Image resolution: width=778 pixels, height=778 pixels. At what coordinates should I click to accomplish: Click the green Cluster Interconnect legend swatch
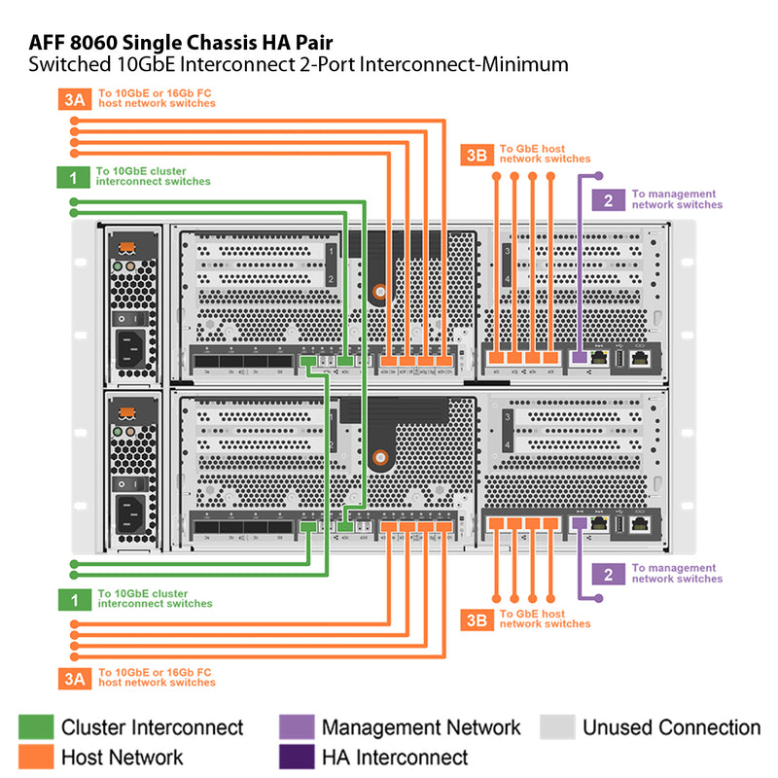35,727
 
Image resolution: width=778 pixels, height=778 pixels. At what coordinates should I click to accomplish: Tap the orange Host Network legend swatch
35,757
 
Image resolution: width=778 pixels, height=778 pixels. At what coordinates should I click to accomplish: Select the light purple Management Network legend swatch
296,727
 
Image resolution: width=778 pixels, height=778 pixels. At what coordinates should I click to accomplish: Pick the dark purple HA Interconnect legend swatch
296,757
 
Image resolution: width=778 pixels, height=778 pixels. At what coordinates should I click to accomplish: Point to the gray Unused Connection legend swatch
557,727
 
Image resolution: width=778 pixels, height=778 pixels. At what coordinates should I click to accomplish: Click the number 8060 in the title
97,43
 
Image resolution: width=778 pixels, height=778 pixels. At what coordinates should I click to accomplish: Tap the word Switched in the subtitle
68,66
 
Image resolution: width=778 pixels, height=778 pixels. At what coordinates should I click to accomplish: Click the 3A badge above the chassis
74,99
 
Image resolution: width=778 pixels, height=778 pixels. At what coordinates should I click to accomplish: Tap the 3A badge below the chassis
74,678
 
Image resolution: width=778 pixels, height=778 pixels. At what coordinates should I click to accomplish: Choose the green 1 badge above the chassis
73,177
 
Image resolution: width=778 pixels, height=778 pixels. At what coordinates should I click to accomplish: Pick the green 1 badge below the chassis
73,600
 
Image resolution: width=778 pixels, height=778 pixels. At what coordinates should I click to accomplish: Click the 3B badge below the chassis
476,619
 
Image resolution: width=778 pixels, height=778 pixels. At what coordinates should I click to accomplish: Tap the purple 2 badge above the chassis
608,200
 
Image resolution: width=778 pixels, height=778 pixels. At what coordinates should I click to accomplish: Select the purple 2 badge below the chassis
608,574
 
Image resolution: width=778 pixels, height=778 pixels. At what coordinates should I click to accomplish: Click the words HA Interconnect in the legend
395,757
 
